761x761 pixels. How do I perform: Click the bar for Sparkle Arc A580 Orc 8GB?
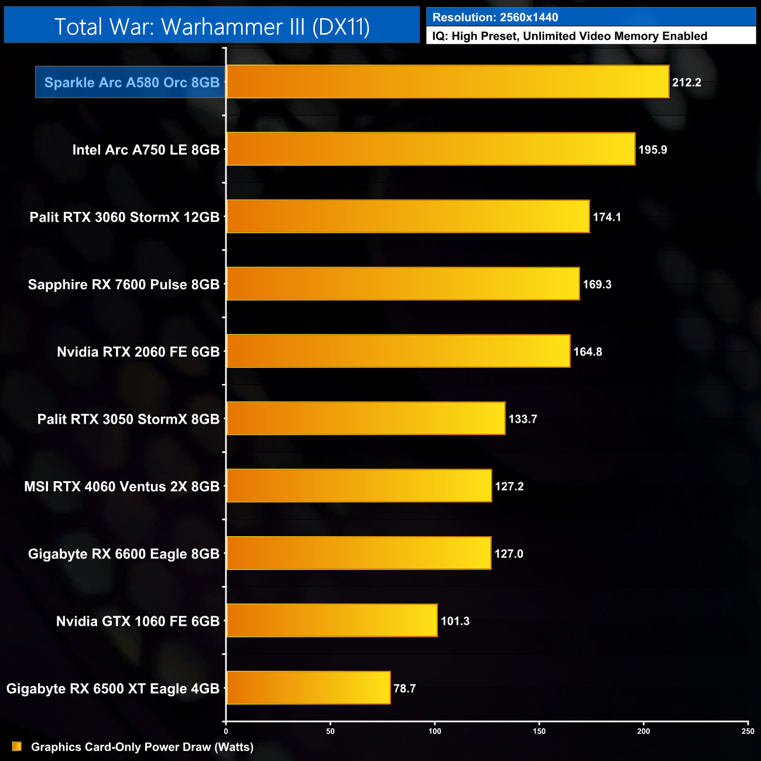447,81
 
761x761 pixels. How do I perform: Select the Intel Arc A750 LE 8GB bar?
430,149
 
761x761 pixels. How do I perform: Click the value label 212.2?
686,83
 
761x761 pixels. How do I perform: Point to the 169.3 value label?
597,284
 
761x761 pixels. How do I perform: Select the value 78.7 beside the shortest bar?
405,688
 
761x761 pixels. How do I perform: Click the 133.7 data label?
522,419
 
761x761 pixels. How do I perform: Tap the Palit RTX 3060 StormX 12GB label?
125,217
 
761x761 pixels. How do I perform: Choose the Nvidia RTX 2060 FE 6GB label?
138,352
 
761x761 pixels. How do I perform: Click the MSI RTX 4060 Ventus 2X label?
122,486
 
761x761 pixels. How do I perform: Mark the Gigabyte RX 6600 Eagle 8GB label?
124,554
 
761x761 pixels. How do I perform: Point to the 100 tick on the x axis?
434,731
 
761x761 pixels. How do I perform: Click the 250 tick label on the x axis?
748,731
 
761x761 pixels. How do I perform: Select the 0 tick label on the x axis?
226,731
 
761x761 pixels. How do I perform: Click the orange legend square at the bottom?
17,746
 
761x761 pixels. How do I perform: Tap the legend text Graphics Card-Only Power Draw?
142,747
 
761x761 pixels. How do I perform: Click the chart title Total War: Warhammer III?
212,26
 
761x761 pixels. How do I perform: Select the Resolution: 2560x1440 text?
495,18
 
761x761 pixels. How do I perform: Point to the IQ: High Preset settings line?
570,36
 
